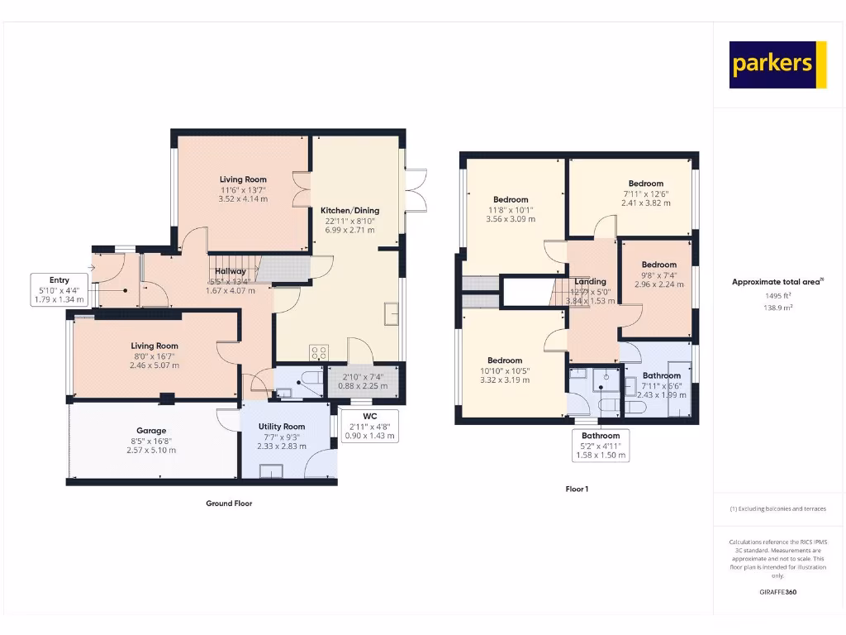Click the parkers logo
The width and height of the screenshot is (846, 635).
point(777,64)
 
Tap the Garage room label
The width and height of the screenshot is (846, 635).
point(151,431)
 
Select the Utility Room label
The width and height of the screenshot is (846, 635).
point(283,427)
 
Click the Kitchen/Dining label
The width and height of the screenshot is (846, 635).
point(349,211)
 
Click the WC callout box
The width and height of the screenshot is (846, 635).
point(369,425)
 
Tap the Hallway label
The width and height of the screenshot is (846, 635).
point(231,271)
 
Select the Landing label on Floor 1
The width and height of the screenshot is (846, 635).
point(591,282)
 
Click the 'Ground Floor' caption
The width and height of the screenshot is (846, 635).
point(229,503)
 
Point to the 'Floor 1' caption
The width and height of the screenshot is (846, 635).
point(577,489)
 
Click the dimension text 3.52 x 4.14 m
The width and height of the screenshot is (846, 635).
point(243,199)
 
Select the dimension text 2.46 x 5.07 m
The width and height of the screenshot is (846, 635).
point(154,366)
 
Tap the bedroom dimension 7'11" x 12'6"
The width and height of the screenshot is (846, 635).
point(645,193)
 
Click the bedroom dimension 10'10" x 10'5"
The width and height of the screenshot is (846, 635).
point(504,370)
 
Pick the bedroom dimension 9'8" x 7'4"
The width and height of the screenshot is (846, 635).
point(659,275)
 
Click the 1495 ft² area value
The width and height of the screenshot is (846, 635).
point(777,294)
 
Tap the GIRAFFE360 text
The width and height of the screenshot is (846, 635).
point(777,592)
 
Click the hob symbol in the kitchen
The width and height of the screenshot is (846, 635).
point(319,352)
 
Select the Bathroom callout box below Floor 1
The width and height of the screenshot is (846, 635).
point(601,446)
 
